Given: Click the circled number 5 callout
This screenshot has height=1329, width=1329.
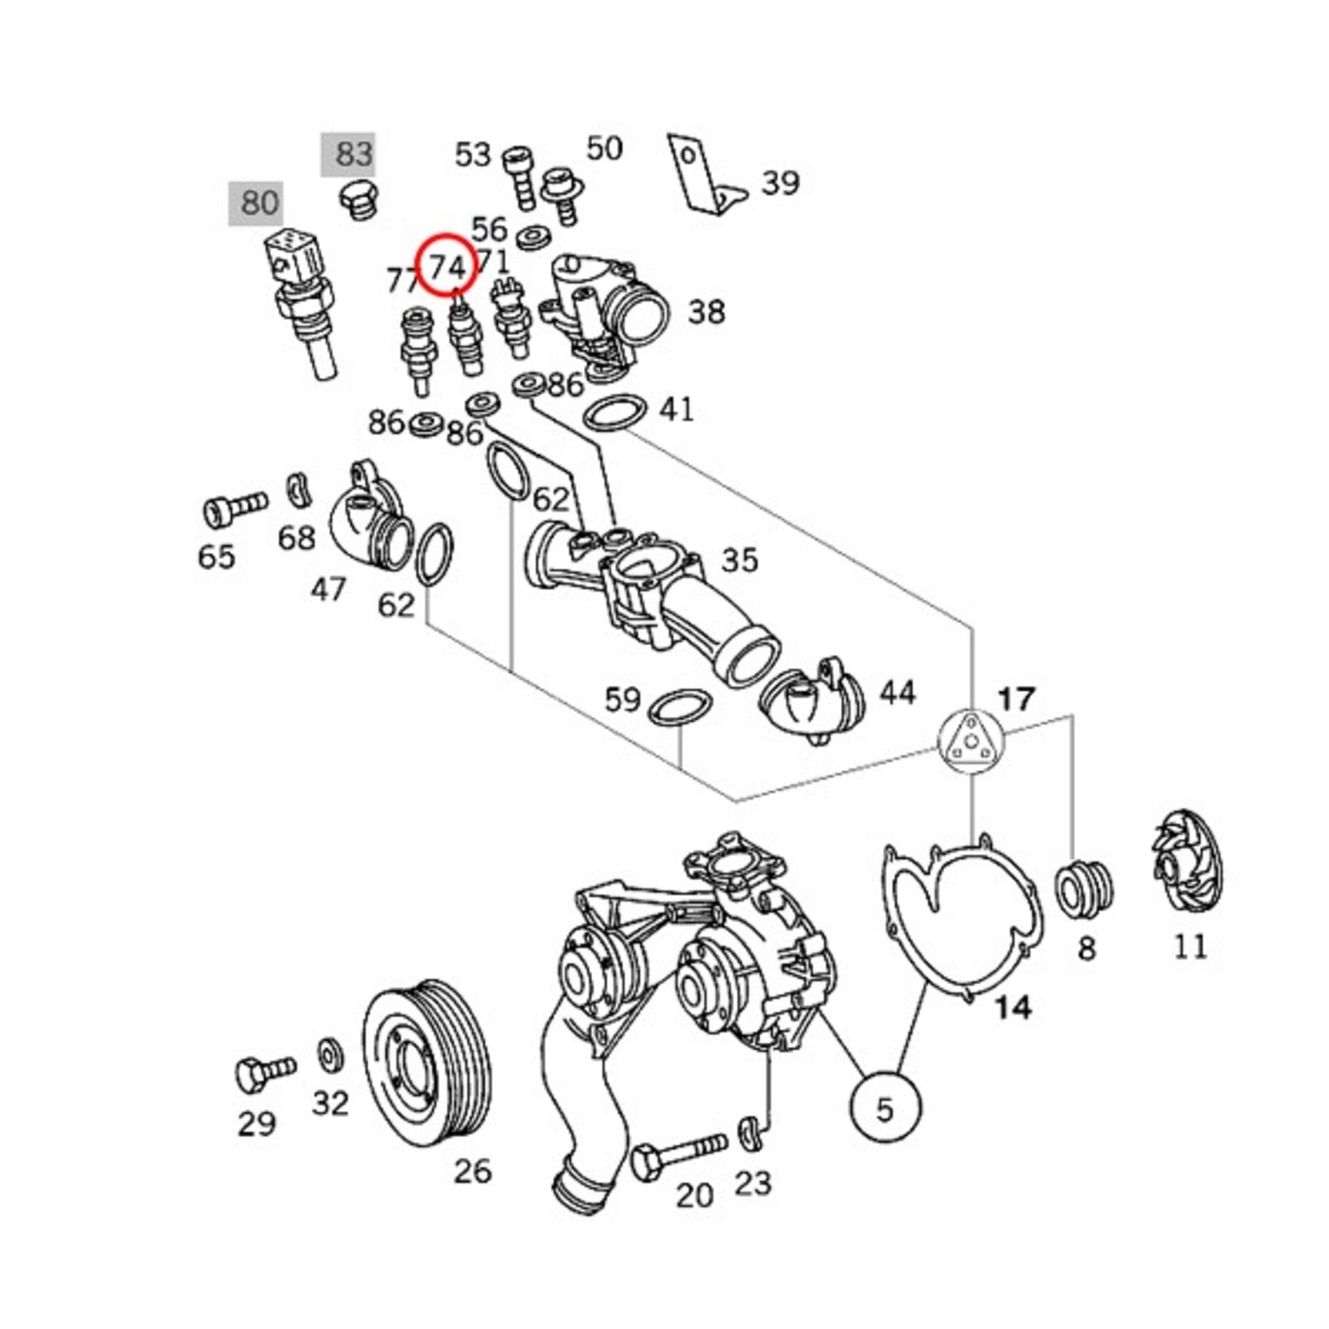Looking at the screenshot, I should coord(885,1107).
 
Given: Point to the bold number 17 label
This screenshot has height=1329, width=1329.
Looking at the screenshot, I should coord(1015,699).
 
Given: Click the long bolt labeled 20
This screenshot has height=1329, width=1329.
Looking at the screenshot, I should coord(678,1154).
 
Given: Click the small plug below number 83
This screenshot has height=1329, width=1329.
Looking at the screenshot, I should coord(359,202).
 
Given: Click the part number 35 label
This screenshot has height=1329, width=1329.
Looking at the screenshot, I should coord(740,560).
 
